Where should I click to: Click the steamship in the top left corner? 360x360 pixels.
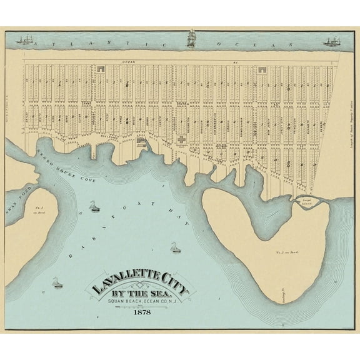pos(25,41)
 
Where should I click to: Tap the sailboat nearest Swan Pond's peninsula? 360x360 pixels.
pos(92,206)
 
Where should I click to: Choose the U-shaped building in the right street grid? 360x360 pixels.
pos(261,71)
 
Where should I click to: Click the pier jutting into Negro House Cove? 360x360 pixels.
pos(92,154)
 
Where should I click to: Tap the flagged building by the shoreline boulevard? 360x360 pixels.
pos(141,142)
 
